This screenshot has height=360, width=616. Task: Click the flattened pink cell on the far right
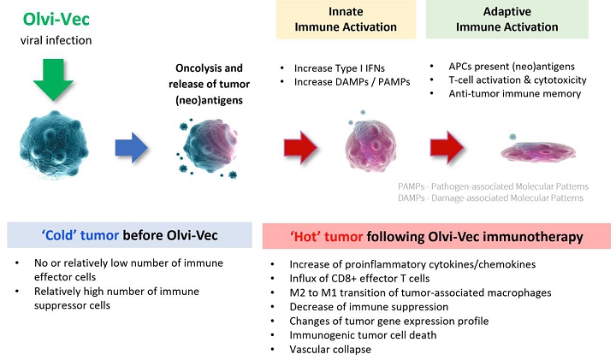pyautogui.click(x=535, y=151)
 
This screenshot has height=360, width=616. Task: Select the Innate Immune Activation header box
pyautogui.click(x=339, y=19)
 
